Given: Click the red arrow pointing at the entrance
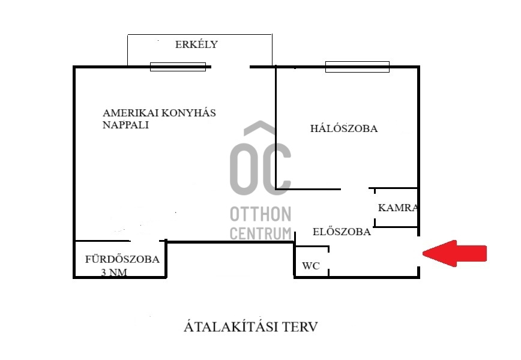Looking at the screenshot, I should coord(455,253).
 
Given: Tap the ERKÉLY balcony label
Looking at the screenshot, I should coord(196,44).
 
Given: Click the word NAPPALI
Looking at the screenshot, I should coord(125,125).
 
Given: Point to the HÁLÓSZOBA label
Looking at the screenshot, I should coord(344,128).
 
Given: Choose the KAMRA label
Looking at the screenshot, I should coord(397,208).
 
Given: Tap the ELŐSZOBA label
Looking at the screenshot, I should coord(342,232).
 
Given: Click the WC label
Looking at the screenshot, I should coord(311,265).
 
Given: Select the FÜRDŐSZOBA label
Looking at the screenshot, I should coord(122,260).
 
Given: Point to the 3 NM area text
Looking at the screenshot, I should coord(114,273).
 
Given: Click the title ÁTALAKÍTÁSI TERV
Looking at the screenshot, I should coord(250,328).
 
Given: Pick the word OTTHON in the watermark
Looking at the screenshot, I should coord(261,214).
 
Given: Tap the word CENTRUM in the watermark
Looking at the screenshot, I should coord(261,233).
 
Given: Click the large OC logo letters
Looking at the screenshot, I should coord(261,168).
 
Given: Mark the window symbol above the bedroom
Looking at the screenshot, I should coord(357,67).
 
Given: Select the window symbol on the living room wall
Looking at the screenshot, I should coord(178,67).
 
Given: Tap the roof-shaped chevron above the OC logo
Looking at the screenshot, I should coord(260,129).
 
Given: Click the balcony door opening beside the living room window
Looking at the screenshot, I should coord(230,67).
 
